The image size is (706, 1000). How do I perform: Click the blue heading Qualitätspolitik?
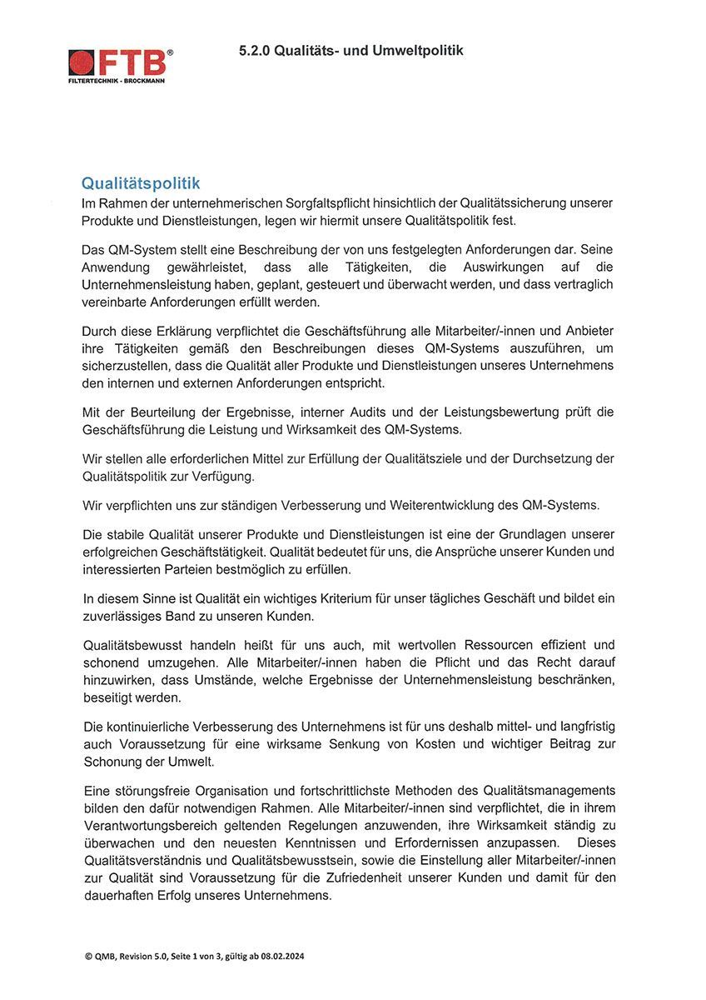[140, 182]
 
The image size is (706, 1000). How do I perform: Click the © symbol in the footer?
[88, 957]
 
